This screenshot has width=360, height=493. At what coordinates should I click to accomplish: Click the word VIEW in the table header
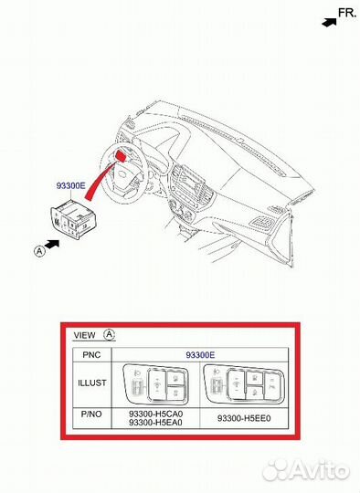point(84,334)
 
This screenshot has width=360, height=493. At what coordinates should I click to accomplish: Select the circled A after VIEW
point(110,334)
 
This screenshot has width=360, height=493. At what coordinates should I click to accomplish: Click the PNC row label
point(91,353)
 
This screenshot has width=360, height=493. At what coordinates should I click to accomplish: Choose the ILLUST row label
point(92,383)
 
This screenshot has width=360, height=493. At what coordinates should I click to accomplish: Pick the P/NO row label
point(92,417)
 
